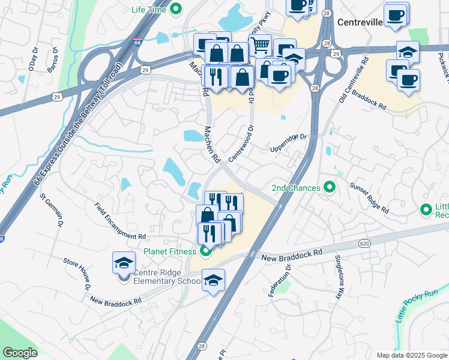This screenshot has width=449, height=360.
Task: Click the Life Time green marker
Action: [176, 9]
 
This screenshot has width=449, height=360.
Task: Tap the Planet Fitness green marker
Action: [205, 251]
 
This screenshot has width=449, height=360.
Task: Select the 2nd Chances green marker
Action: [329, 188]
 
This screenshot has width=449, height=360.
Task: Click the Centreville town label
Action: [360, 22]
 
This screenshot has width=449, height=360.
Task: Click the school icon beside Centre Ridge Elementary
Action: [124, 263]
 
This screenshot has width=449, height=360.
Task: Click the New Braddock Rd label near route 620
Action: [292, 256]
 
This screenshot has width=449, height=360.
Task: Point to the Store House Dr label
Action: [77, 274]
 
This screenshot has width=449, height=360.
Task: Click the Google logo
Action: [20, 353]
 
